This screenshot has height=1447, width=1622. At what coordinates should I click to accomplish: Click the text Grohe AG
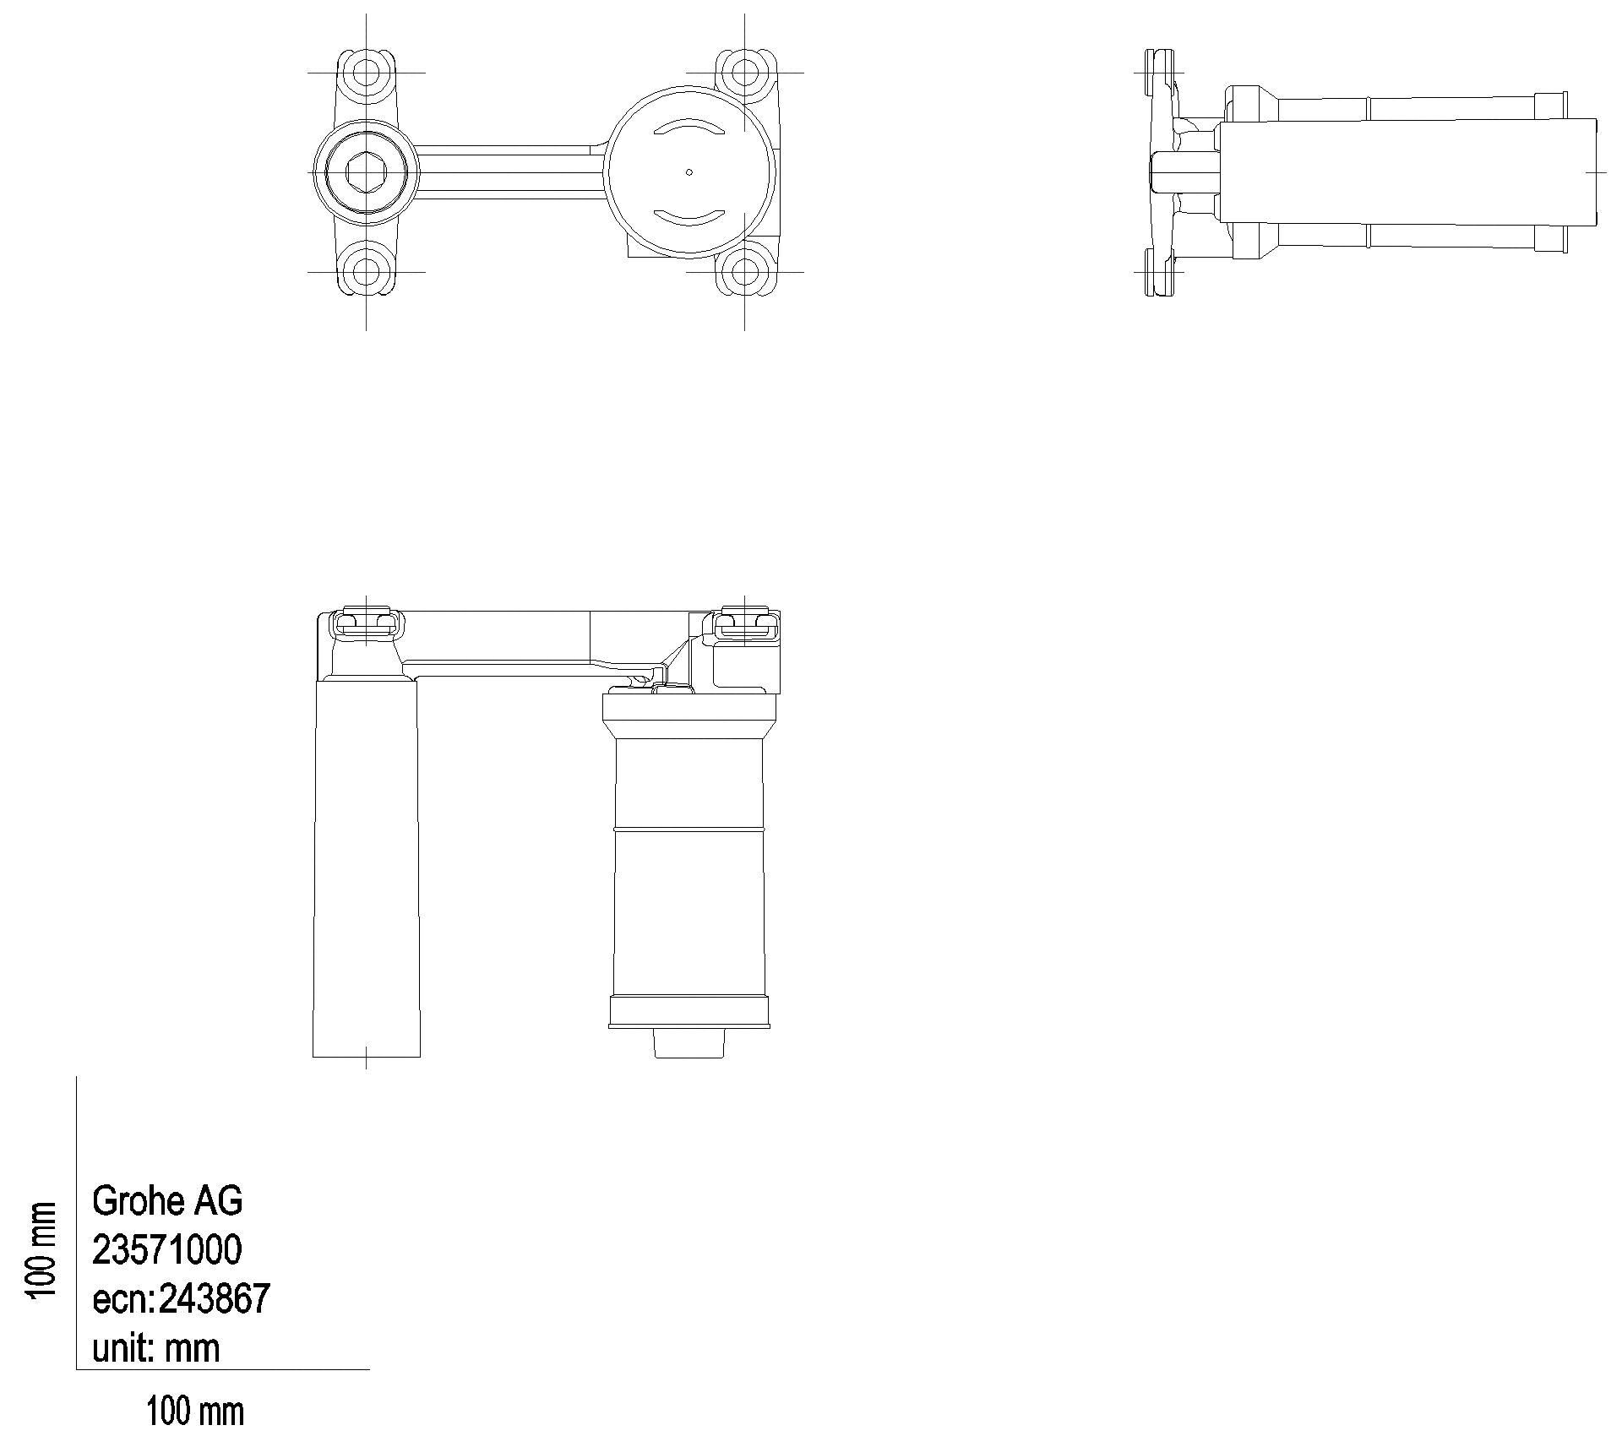coord(167,1200)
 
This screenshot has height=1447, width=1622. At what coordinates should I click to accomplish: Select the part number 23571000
coord(167,1249)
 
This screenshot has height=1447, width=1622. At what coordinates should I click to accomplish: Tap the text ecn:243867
coord(181,1298)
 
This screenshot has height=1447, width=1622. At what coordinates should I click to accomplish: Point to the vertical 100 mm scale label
coord(42,1251)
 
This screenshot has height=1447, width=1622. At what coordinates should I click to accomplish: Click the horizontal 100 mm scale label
coord(195,1412)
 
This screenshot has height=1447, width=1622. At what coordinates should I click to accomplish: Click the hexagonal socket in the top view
coord(366,172)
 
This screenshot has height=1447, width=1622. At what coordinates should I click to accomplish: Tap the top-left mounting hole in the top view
coord(366,71)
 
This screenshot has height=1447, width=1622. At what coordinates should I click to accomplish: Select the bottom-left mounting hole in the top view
coord(366,272)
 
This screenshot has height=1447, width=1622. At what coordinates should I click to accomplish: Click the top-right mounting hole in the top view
coord(744,71)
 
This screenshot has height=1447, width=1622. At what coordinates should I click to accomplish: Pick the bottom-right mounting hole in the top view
coord(744,272)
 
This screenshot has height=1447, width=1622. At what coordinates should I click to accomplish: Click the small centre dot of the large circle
coord(689,172)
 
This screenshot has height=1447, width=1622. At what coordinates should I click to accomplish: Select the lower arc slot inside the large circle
coord(689,218)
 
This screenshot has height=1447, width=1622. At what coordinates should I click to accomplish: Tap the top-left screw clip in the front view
coord(366,623)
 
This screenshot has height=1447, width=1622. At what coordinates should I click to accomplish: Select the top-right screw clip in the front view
coord(744,623)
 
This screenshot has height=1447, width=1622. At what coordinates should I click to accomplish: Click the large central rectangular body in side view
coord(1407,172)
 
